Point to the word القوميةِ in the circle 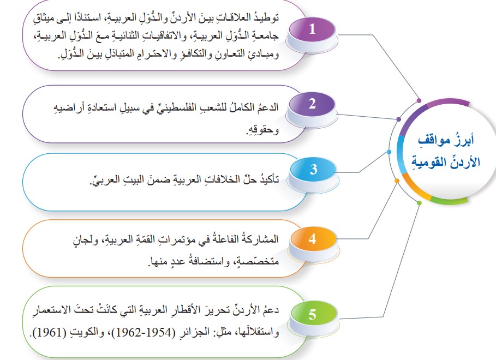(x=428, y=162)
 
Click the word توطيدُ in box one (x=267, y=17)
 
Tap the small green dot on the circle (x=420, y=203)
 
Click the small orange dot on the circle (x=397, y=181)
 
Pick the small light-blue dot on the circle (x=389, y=152)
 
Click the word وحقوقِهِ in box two (x=262, y=130)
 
